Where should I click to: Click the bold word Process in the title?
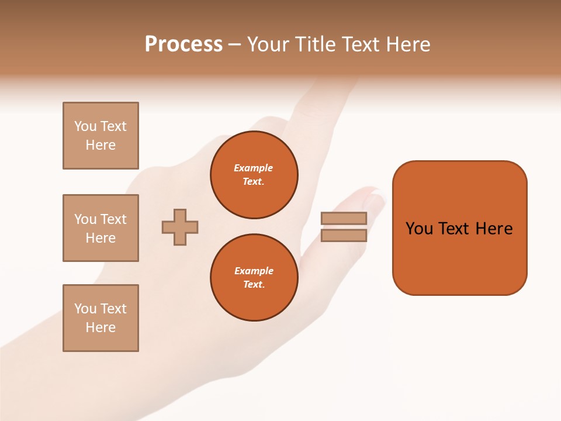(x=183, y=44)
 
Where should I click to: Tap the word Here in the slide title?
(x=407, y=44)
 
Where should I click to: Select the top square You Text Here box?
(x=101, y=136)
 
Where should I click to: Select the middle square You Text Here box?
(x=101, y=228)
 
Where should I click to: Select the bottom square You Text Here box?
(x=101, y=318)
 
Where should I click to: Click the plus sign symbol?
(x=180, y=227)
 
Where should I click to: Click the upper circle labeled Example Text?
(x=254, y=175)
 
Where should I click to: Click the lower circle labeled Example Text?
(x=254, y=278)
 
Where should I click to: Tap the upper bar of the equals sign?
(x=344, y=218)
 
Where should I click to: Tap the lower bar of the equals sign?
(x=344, y=235)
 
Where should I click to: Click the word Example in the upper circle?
(x=254, y=168)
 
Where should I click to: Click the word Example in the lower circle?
(x=254, y=271)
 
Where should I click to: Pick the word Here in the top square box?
(x=101, y=145)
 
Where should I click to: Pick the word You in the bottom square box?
(x=85, y=309)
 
